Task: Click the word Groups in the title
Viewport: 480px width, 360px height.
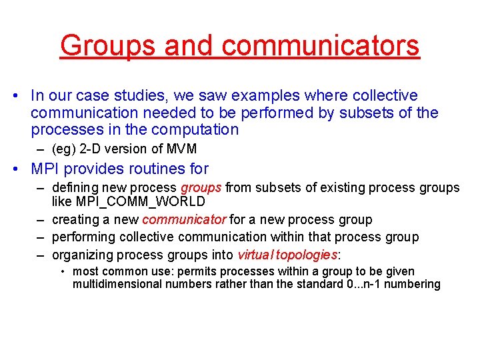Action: click(107, 45)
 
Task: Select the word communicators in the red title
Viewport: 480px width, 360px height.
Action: click(321, 45)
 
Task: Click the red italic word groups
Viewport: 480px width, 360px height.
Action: click(201, 187)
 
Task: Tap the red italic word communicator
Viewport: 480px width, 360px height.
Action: click(185, 219)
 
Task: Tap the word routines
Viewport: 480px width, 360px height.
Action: click(150, 169)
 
